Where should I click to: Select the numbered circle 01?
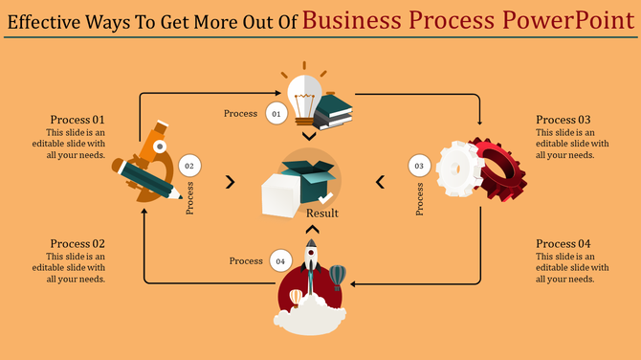(x=276, y=114)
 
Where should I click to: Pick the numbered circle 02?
(x=189, y=166)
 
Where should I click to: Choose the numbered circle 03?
(x=418, y=166)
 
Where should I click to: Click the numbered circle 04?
(x=280, y=260)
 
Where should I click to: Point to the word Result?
(x=322, y=213)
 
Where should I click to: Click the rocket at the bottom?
(x=312, y=268)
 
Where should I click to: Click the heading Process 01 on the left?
(x=77, y=120)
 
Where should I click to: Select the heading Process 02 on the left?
(x=77, y=243)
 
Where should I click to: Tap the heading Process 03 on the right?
(x=564, y=120)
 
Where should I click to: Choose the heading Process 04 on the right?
(x=564, y=243)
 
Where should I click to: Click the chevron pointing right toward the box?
(x=230, y=182)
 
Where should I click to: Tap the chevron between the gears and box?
(x=380, y=182)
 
